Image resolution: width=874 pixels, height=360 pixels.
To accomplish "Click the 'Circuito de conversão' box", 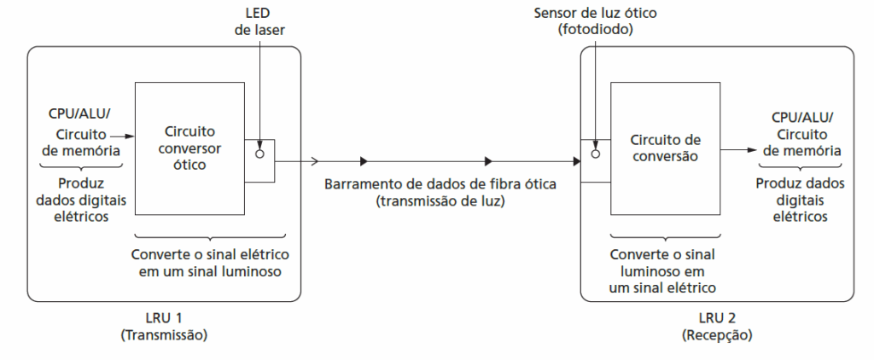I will [664, 148].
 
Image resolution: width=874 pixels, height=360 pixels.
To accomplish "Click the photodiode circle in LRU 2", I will [596, 154].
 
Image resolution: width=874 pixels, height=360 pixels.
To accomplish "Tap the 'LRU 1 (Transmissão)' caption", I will [165, 327].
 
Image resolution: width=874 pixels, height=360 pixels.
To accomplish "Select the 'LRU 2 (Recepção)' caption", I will [717, 327].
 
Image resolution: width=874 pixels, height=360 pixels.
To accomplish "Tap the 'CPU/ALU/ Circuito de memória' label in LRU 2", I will [801, 133].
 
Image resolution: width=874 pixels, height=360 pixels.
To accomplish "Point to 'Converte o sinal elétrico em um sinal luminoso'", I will [211, 263].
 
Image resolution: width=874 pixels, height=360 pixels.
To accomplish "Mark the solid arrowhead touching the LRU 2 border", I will [575, 160].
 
